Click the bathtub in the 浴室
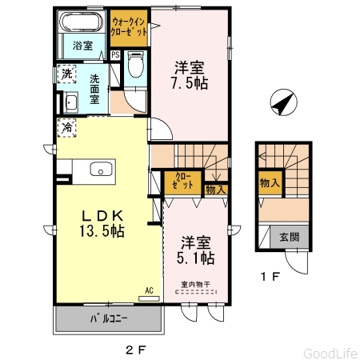82,22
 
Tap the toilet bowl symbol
136,65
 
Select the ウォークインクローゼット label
129,27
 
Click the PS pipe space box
115,55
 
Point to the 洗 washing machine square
66,74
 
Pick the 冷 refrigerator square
67,128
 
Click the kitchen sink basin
101,169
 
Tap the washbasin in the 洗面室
70,102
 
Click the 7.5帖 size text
190,83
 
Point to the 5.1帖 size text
196,258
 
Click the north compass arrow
283,102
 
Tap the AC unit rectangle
149,298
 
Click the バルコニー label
109,318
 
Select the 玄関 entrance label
290,237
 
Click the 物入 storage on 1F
270,183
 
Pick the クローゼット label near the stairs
182,181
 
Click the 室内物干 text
195,284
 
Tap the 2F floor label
136,350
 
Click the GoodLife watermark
330,354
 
